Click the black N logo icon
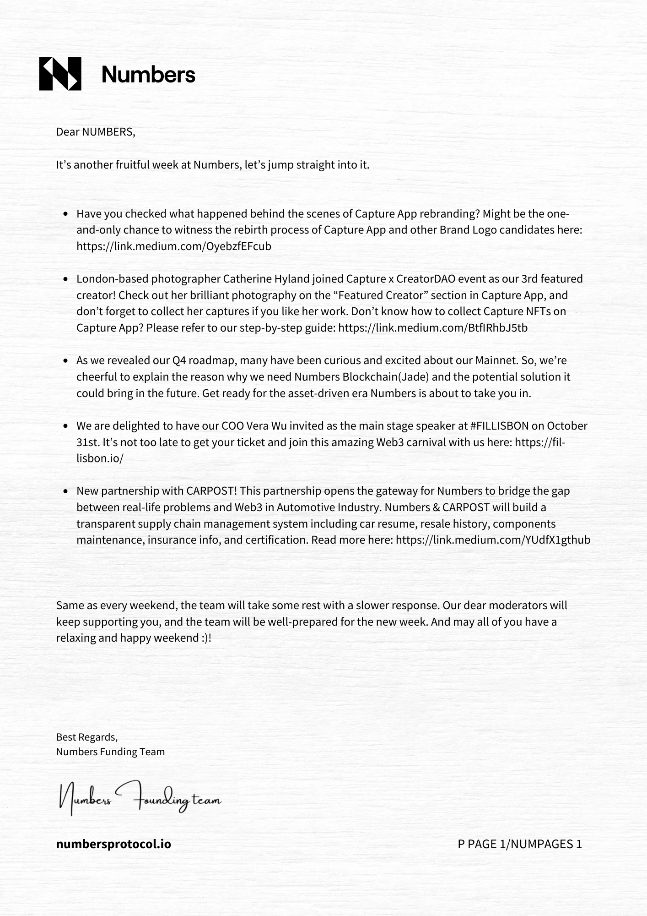[60, 74]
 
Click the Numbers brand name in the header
[148, 74]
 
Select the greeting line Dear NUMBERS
[96, 132]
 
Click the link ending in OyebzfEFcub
[174, 246]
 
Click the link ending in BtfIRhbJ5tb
[433, 328]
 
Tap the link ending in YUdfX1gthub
[493, 540]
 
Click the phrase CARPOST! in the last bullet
[211, 491]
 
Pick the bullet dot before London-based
[66, 279]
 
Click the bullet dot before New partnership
[66, 491]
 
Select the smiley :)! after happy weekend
[206, 638]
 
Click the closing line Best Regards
[87, 737]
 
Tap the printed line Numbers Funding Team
[110, 752]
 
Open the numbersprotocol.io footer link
[113, 844]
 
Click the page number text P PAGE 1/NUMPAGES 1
[519, 844]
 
